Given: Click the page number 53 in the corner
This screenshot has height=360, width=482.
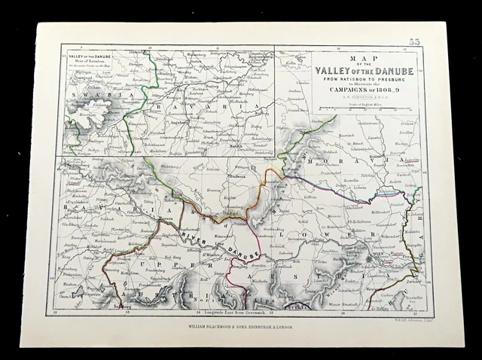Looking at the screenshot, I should click(415, 41).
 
